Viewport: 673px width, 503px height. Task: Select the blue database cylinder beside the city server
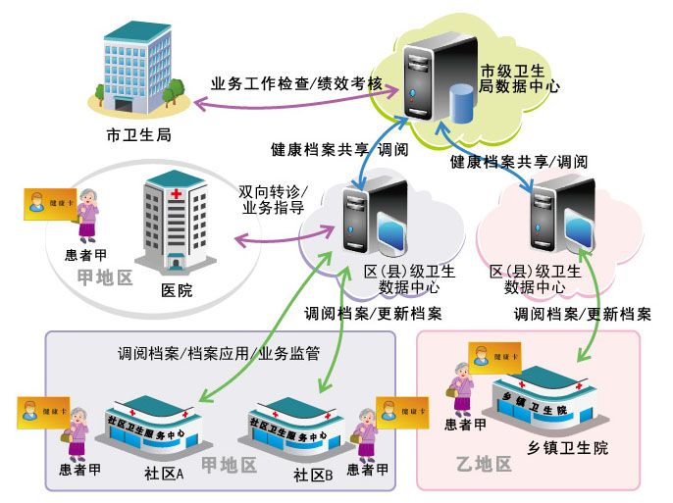[x=460, y=106]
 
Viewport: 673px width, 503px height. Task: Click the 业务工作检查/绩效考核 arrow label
[x=296, y=83]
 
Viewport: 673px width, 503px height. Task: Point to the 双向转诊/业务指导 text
[x=273, y=199]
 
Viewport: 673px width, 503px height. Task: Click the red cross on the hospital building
[x=177, y=194]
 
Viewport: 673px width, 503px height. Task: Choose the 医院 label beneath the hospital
[x=177, y=290]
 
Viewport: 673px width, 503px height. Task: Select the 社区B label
[x=314, y=475]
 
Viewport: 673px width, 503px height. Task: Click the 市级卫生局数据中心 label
[x=520, y=78]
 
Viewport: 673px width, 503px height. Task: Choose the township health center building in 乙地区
[x=552, y=402]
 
